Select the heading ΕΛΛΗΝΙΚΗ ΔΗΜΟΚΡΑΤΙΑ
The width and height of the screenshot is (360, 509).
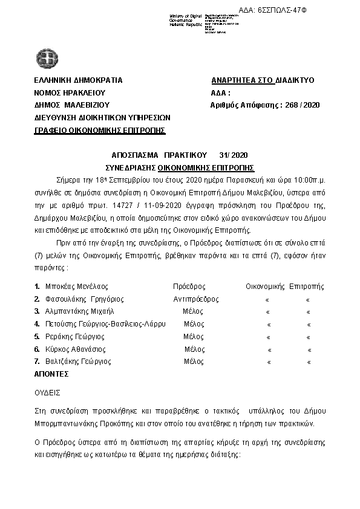(x=79, y=80)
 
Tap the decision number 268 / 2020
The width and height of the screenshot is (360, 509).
(x=299, y=105)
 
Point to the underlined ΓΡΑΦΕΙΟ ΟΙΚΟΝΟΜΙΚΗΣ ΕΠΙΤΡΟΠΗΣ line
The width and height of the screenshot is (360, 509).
(x=100, y=131)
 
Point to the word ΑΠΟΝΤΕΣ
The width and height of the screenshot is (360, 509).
(x=52, y=375)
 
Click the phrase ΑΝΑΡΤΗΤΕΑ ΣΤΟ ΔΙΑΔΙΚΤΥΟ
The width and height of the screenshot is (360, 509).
(x=263, y=80)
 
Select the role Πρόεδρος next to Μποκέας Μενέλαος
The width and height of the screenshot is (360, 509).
(x=189, y=286)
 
